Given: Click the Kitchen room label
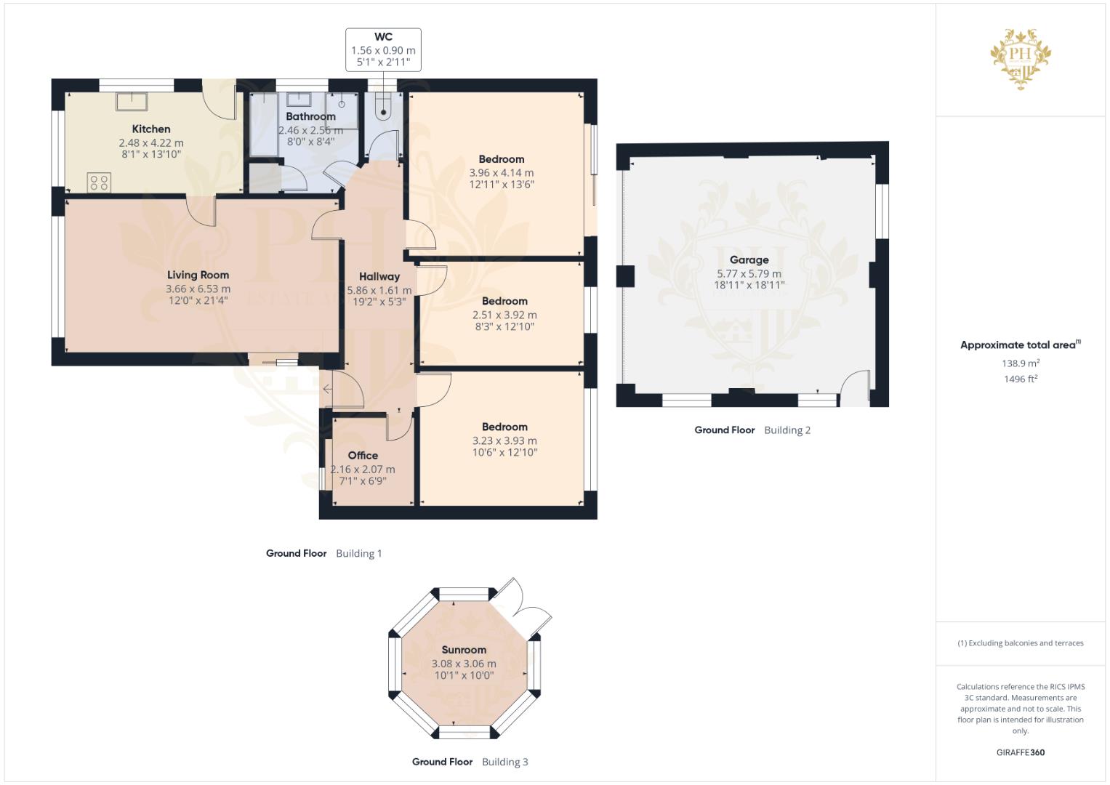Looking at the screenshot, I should (x=151, y=129).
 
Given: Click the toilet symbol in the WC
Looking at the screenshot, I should (x=383, y=107).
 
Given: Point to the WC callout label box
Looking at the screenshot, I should (x=383, y=49).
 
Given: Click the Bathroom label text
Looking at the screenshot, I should (x=310, y=116).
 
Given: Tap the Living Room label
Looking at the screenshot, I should (x=198, y=275).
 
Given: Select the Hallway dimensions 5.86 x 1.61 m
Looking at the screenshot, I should (x=379, y=290).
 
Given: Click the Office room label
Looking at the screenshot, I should (x=363, y=456).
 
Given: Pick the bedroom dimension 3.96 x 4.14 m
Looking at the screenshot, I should (x=501, y=173).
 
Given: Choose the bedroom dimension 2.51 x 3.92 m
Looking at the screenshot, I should (x=504, y=315).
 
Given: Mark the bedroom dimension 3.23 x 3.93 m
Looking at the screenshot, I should (x=504, y=440).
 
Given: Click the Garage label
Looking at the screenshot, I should (x=749, y=259).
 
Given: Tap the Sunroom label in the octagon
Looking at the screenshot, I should (x=464, y=650).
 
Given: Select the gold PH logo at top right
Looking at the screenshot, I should (x=1021, y=58).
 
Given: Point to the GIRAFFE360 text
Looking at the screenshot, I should (x=1020, y=752).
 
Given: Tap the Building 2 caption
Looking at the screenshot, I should (x=787, y=430).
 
